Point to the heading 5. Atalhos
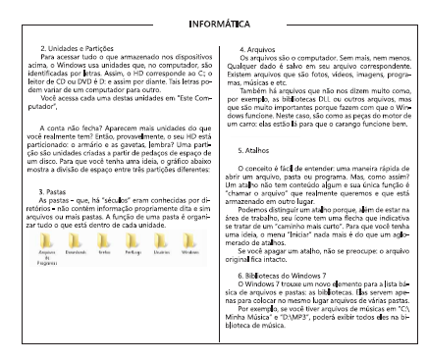[257, 151]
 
